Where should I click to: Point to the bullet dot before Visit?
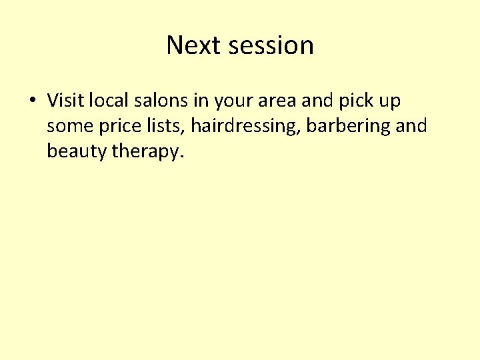point(32,101)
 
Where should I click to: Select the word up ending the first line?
point(389,102)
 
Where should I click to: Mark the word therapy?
point(147,151)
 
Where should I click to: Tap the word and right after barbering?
point(411,126)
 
